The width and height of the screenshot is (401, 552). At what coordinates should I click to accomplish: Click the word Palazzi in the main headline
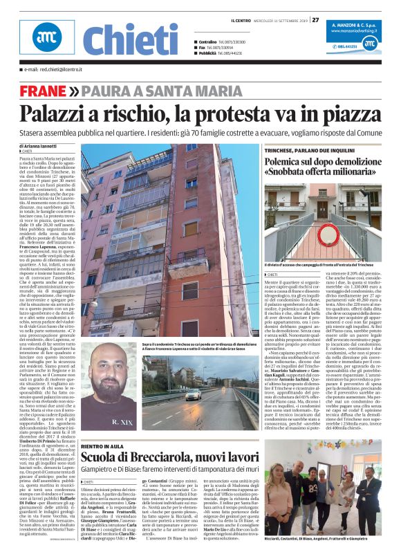click(x=57, y=112)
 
